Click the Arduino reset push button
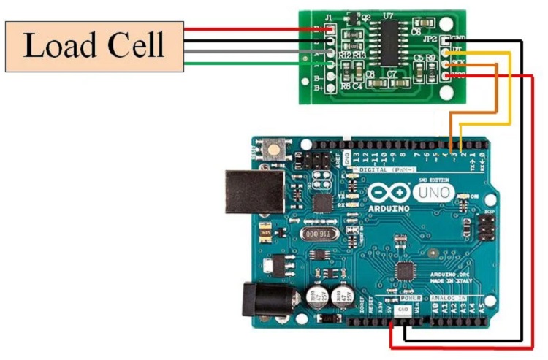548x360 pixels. [x=274, y=150]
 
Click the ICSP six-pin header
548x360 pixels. [x=486, y=226]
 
